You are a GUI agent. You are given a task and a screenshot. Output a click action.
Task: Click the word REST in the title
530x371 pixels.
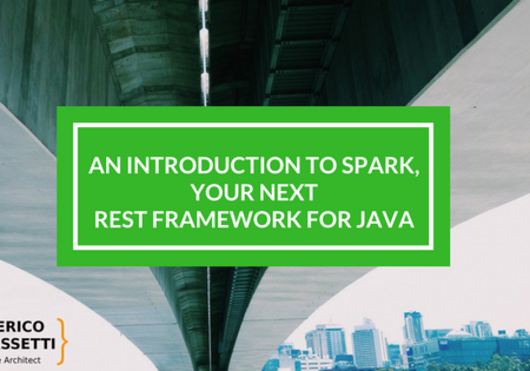click(118, 220)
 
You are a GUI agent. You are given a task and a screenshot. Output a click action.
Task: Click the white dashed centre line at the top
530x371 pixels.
click(204, 42)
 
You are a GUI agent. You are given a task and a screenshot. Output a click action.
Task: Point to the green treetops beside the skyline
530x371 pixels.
click(477, 363)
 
